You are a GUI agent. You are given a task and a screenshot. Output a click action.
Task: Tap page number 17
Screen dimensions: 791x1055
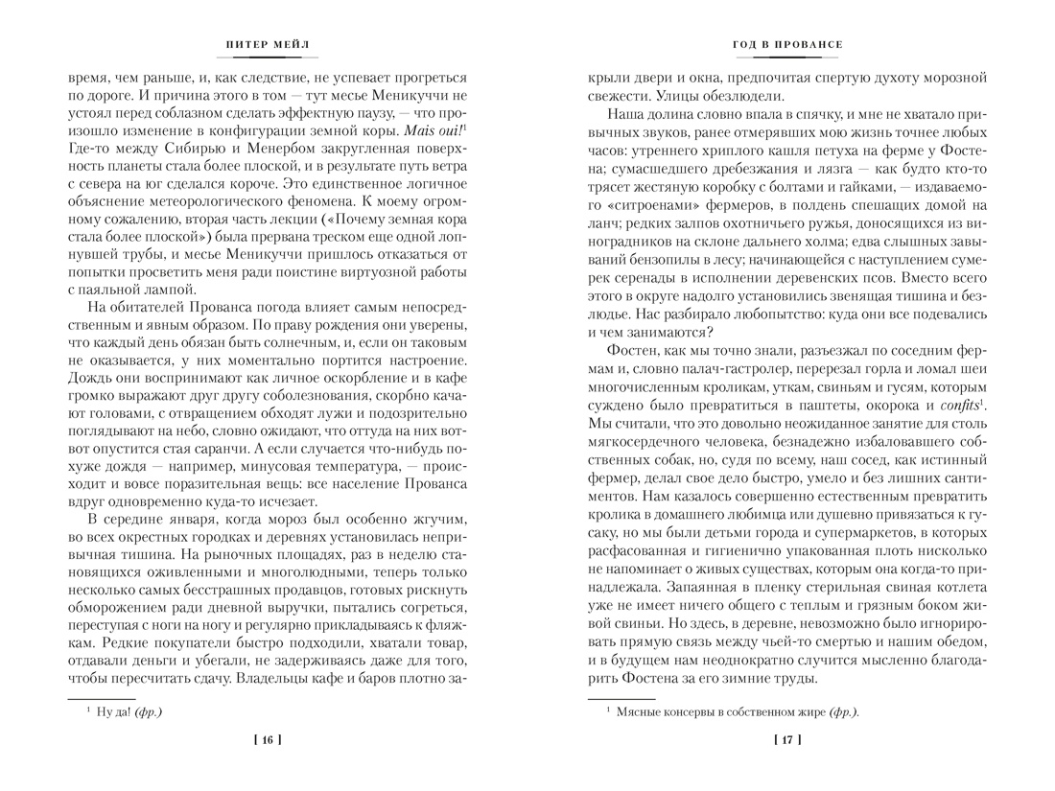point(786,738)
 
